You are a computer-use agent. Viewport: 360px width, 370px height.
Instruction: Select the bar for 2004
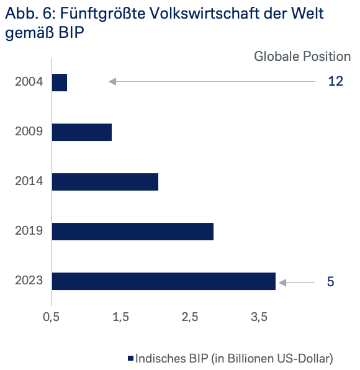(60, 82)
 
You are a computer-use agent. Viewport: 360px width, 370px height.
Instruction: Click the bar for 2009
(82, 132)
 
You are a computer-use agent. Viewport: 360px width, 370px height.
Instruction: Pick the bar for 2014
(105, 182)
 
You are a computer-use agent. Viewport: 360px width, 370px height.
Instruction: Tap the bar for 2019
(133, 232)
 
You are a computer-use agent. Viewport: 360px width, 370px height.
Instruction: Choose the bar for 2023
(164, 281)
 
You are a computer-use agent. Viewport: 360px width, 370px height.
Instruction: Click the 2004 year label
(29, 82)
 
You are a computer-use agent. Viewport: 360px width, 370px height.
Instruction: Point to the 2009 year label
(29, 132)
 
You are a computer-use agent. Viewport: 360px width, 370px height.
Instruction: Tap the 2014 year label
(29, 181)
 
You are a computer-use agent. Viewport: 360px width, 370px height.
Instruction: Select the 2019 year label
(29, 232)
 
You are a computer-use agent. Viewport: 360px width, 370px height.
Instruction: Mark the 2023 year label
(29, 281)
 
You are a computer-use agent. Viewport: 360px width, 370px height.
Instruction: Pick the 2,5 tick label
(190, 317)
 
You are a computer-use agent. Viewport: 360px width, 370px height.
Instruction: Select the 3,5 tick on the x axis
(259, 317)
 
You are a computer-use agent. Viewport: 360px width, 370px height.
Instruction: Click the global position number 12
(335, 82)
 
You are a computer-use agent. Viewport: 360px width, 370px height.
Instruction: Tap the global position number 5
(330, 282)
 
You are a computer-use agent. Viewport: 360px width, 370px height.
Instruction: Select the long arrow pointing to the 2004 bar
(211, 81)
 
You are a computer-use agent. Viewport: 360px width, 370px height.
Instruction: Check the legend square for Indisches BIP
(130, 358)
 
